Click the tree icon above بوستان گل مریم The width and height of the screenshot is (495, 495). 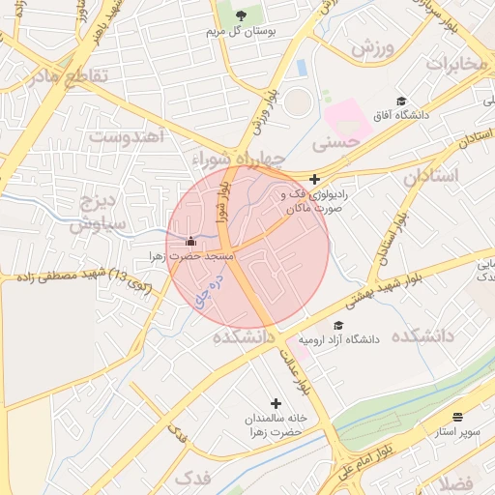click(x=242, y=15)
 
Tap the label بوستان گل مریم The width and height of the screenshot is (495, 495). click(x=242, y=32)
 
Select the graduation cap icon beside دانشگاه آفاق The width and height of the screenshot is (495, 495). click(x=401, y=102)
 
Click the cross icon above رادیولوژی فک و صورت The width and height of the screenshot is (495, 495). click(x=314, y=179)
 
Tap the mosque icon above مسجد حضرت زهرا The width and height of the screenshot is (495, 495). click(x=190, y=241)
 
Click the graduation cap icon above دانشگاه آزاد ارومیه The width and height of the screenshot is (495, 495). click(x=337, y=325)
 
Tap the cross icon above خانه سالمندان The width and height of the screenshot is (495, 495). click(x=276, y=402)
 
